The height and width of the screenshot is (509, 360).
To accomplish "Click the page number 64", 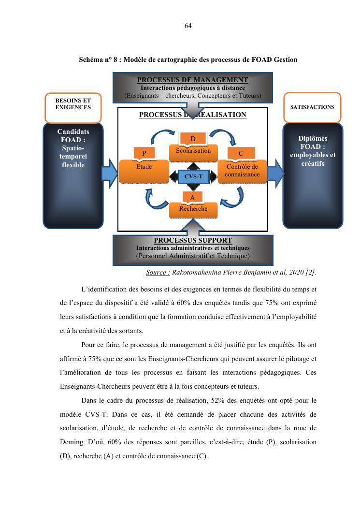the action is [x=188, y=26].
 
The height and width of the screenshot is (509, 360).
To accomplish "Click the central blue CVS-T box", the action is [x=193, y=176].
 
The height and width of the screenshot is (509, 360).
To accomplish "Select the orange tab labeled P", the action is [x=144, y=153].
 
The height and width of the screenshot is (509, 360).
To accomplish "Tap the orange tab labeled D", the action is [x=193, y=139].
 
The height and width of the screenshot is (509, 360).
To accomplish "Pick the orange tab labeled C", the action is [x=241, y=153].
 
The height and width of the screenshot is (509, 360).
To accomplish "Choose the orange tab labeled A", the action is [x=192, y=198].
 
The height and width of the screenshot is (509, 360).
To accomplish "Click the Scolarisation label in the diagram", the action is [x=193, y=151].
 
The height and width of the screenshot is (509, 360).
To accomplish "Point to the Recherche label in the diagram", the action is [x=193, y=209].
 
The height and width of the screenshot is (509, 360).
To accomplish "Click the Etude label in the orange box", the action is [x=144, y=167].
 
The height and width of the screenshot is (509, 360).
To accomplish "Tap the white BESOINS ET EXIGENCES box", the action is [x=73, y=108].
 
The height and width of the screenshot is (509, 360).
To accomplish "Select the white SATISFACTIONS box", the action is [x=312, y=107].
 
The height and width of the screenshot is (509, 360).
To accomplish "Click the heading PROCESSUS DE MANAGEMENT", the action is [x=192, y=80].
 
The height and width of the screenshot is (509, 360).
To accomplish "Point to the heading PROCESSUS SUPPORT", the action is [x=193, y=240].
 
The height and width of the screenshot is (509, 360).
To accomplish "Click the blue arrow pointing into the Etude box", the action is [x=110, y=174].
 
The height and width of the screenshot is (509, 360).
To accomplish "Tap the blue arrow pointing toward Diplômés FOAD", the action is [x=275, y=174].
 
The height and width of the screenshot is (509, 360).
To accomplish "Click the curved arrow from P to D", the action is [x=161, y=136].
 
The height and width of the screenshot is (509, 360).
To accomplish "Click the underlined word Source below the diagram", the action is [x=158, y=272].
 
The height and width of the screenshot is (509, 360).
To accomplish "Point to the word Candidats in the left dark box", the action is [x=73, y=131].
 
